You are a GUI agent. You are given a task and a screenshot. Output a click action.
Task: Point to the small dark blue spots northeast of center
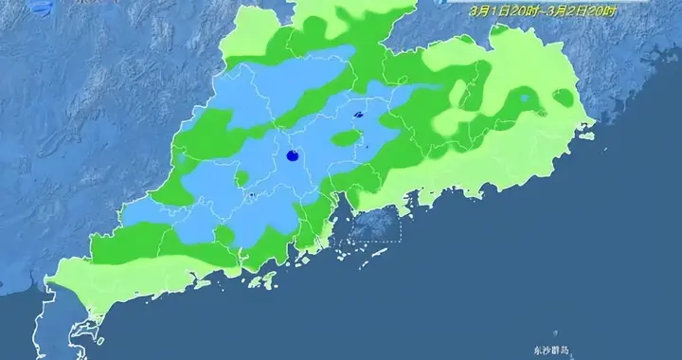point(358,117)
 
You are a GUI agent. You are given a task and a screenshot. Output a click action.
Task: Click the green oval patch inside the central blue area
point(347,138)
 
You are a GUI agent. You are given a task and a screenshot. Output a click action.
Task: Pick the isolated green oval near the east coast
point(564,97)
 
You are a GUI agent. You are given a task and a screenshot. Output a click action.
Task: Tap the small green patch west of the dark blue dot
point(242,177)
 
